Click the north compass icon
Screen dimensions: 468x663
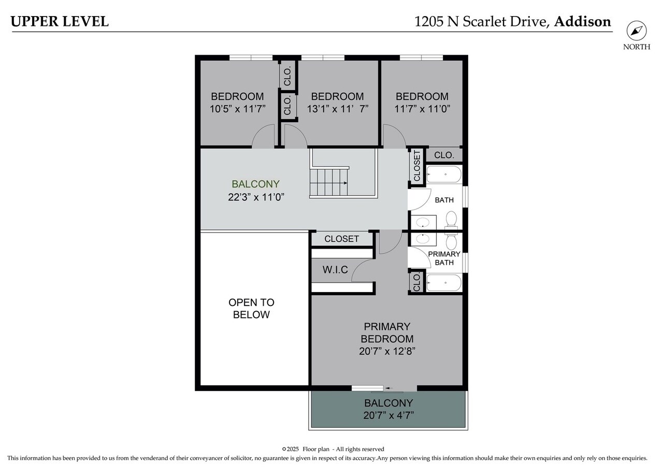[636, 31]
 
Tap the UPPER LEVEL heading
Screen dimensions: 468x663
[60, 21]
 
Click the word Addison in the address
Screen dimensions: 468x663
[582, 22]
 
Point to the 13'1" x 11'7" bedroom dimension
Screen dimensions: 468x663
[337, 109]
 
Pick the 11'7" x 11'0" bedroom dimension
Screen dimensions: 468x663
[422, 109]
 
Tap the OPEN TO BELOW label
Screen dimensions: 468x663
[251, 309]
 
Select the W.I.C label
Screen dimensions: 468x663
[335, 270]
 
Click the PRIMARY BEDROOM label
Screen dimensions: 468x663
[387, 333]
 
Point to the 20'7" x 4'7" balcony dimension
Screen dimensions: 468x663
[388, 415]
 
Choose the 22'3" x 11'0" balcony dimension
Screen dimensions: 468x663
[256, 197]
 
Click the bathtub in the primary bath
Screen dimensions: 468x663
[443, 283]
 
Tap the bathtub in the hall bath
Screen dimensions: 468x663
[443, 174]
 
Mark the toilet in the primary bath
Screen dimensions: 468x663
[451, 241]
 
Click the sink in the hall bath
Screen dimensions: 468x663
[424, 223]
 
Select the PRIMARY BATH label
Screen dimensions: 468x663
[444, 258]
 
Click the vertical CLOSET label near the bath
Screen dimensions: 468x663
[417, 166]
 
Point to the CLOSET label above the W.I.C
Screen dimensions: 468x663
[341, 239]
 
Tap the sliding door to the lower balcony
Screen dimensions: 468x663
[383, 388]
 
